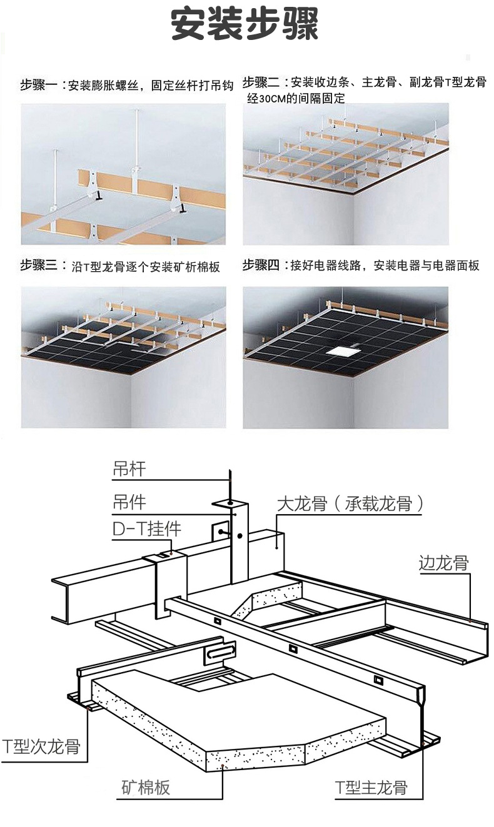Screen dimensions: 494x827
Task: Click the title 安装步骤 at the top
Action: (x=245, y=26)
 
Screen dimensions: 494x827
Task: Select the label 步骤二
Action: (x=260, y=82)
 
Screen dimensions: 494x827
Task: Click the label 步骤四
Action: (x=261, y=265)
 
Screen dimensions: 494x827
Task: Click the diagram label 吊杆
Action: (x=129, y=469)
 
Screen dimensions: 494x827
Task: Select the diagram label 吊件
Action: (x=129, y=502)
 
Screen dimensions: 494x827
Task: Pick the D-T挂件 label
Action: (x=147, y=529)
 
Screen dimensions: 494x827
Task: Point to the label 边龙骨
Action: (x=444, y=563)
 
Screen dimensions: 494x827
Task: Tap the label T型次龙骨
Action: (x=41, y=746)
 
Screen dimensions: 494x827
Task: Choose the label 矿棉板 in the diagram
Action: (x=145, y=788)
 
